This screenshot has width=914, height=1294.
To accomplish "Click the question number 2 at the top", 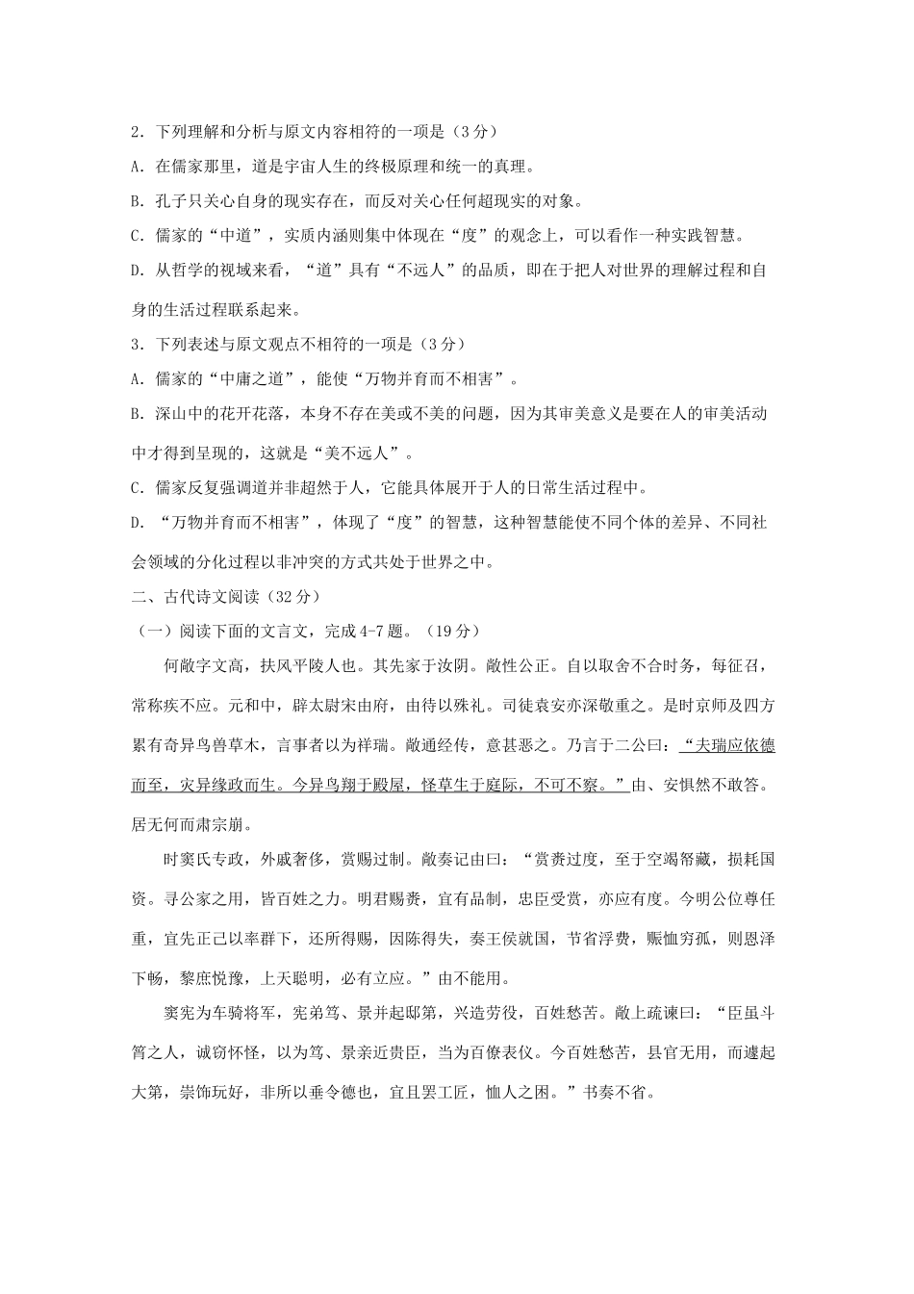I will [135, 131].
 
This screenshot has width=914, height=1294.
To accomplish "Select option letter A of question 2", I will [136, 167].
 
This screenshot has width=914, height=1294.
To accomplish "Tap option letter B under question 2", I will [136, 201].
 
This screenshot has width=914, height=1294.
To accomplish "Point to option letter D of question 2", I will [136, 272].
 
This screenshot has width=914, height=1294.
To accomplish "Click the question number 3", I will [135, 344].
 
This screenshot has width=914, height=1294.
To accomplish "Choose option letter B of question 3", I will [136, 415].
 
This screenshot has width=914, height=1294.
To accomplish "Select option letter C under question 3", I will [136, 486].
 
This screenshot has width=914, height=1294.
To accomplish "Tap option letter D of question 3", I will [136, 522].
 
